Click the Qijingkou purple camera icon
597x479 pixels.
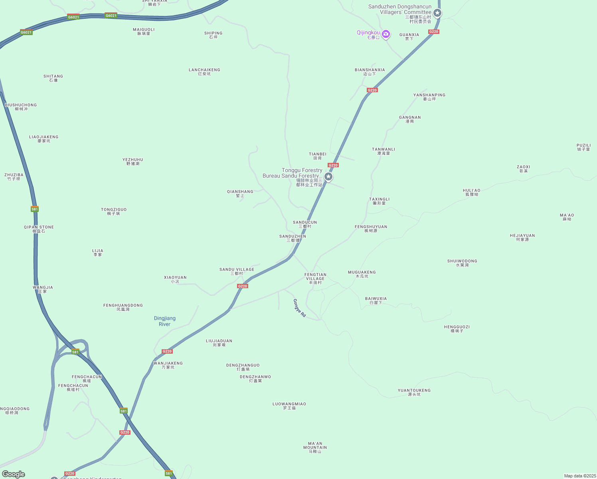pos(386,34)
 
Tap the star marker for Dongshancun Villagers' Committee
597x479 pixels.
pos(437,13)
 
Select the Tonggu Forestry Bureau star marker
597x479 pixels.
pos(328,176)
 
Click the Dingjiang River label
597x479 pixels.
pos(165,321)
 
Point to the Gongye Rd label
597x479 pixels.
pos(300,308)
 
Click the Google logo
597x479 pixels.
pos(14,474)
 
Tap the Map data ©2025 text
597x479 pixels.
pos(580,476)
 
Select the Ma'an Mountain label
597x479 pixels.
pos(315,447)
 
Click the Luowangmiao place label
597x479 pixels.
pos(289,406)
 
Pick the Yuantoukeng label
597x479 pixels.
pos(414,392)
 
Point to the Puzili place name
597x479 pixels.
pos(583,147)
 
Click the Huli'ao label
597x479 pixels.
pos(472,192)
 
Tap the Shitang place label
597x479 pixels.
pos(53,78)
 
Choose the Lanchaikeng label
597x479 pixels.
pos(204,71)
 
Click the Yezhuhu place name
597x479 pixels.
pos(133,161)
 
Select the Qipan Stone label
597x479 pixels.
pos(39,229)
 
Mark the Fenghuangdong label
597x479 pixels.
pos(123,307)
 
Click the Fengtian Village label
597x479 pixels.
pos(315,278)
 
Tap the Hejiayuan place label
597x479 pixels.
pos(522,237)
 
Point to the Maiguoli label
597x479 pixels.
pos(144,31)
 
